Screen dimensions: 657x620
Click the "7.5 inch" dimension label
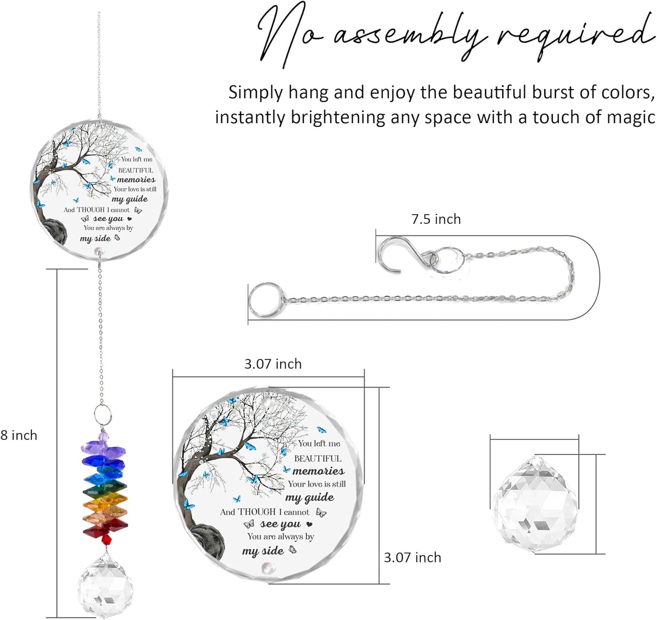[x=436, y=220]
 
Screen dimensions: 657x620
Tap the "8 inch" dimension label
[x=18, y=435]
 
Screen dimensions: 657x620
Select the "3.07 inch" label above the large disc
[x=273, y=364]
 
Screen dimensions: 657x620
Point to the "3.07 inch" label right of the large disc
[x=413, y=558]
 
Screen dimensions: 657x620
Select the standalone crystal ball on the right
[x=535, y=504]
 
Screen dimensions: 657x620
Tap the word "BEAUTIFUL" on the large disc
[x=318, y=458]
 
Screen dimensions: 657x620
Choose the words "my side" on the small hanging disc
[x=95, y=238]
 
